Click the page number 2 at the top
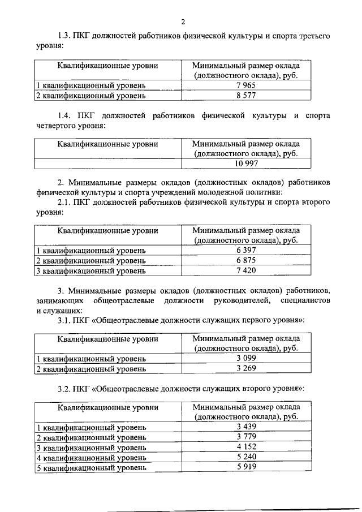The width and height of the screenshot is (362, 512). tap(183, 22)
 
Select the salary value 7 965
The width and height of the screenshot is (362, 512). tap(247, 85)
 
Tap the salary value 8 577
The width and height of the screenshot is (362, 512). tap(247, 95)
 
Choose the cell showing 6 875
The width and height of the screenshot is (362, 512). tap(247, 260)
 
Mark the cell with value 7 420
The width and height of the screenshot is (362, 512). tap(247, 270)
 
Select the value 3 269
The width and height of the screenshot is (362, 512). tap(247, 368)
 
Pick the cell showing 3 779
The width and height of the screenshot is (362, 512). tap(247, 436)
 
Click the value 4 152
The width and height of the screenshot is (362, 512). tap(247, 446)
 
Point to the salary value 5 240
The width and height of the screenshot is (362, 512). tap(247, 457)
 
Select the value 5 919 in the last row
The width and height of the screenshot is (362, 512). tap(247, 467)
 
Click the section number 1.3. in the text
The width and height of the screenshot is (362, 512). tap(66, 36)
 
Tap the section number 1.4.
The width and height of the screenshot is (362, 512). tap(67, 116)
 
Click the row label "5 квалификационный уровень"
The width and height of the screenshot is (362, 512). tap(91, 468)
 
